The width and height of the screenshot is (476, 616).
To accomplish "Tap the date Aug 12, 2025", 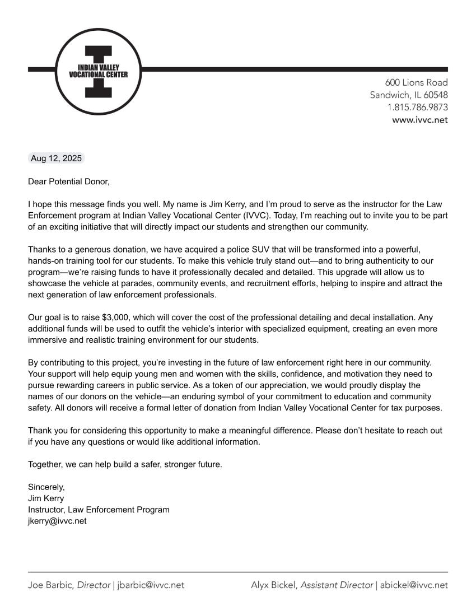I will (x=56, y=158).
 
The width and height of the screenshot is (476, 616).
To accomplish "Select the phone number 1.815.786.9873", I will (x=417, y=107).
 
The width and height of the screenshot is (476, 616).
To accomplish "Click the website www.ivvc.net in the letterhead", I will (x=419, y=119).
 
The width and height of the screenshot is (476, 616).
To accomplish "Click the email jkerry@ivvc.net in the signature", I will (x=57, y=521).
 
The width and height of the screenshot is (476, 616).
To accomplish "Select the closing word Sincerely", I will (x=46, y=487).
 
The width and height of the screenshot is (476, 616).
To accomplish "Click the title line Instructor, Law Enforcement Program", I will (x=99, y=510).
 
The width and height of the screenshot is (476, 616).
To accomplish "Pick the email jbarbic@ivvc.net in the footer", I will (x=151, y=585).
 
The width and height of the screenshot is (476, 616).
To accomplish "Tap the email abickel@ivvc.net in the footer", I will (x=414, y=585).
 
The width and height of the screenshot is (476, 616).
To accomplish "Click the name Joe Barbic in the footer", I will (x=50, y=585).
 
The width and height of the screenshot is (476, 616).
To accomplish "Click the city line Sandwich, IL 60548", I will (x=409, y=95).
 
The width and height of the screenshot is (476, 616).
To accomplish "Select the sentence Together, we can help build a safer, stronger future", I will (x=125, y=464).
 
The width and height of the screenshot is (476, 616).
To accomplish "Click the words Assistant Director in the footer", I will (x=337, y=585).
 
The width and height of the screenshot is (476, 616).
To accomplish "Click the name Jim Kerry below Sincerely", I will (x=46, y=498).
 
